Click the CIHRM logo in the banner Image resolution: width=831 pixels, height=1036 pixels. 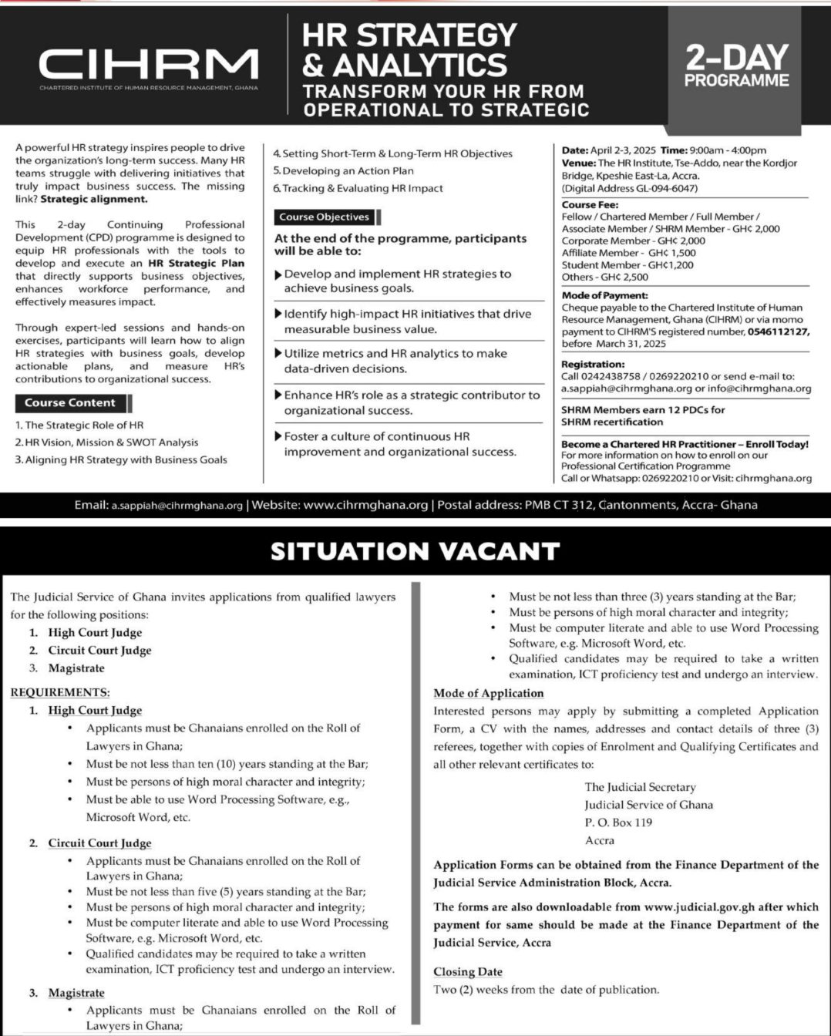[x=149, y=66]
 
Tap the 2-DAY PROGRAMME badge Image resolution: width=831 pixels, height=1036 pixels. [x=736, y=66]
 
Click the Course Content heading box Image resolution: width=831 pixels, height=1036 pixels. [x=70, y=403]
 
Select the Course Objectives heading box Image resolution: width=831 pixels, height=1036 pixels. [x=325, y=217]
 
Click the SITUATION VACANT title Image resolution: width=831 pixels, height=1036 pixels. [x=415, y=551]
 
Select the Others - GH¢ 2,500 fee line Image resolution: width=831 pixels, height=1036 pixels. [x=605, y=277]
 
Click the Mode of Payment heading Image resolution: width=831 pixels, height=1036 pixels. [x=604, y=295]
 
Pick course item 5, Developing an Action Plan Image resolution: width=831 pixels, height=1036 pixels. [x=348, y=171]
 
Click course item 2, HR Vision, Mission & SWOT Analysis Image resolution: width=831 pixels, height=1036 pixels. [x=108, y=442]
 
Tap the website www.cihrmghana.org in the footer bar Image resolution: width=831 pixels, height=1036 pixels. [x=366, y=506]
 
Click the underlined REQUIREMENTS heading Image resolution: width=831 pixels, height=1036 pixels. [x=60, y=692]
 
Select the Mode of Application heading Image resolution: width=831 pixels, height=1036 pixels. [x=489, y=693]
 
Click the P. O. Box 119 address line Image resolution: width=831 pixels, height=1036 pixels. [x=618, y=822]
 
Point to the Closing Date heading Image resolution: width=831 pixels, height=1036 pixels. [x=468, y=972]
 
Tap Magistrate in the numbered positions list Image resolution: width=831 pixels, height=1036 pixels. [x=76, y=668]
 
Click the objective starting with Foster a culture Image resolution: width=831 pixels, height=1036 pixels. [x=399, y=444]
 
